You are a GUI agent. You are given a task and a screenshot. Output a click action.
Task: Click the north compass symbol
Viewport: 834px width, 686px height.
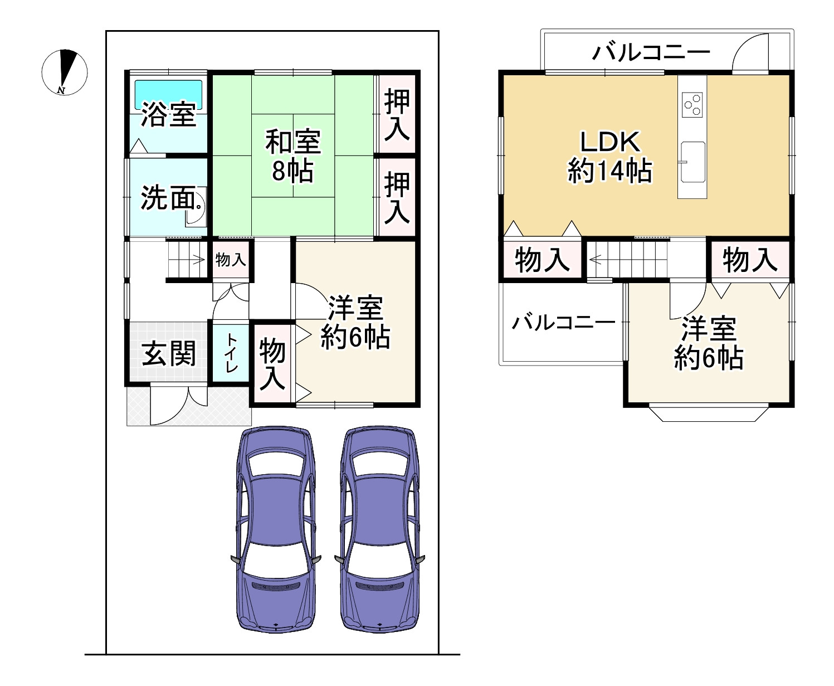[65, 72]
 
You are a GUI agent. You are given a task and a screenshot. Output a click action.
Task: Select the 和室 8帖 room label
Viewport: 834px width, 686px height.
[292, 156]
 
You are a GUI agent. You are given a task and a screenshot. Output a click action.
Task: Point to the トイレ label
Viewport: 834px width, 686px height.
[231, 353]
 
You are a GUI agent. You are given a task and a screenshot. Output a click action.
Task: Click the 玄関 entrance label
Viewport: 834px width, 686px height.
[168, 354]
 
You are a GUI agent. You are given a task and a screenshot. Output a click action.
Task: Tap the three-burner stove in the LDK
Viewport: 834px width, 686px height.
[692, 104]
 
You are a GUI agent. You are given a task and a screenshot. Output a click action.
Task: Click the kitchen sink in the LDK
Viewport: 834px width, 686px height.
[692, 162]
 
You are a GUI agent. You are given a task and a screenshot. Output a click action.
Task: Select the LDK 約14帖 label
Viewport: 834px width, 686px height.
[609, 157]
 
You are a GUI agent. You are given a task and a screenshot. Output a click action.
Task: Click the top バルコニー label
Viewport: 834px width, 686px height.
[651, 52]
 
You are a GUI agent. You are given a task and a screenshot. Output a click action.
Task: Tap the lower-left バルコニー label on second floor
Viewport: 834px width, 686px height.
[563, 322]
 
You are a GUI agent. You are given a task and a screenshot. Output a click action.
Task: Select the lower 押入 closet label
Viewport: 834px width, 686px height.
[397, 197]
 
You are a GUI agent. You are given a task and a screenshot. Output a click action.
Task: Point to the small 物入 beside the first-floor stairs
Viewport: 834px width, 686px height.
[231, 259]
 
